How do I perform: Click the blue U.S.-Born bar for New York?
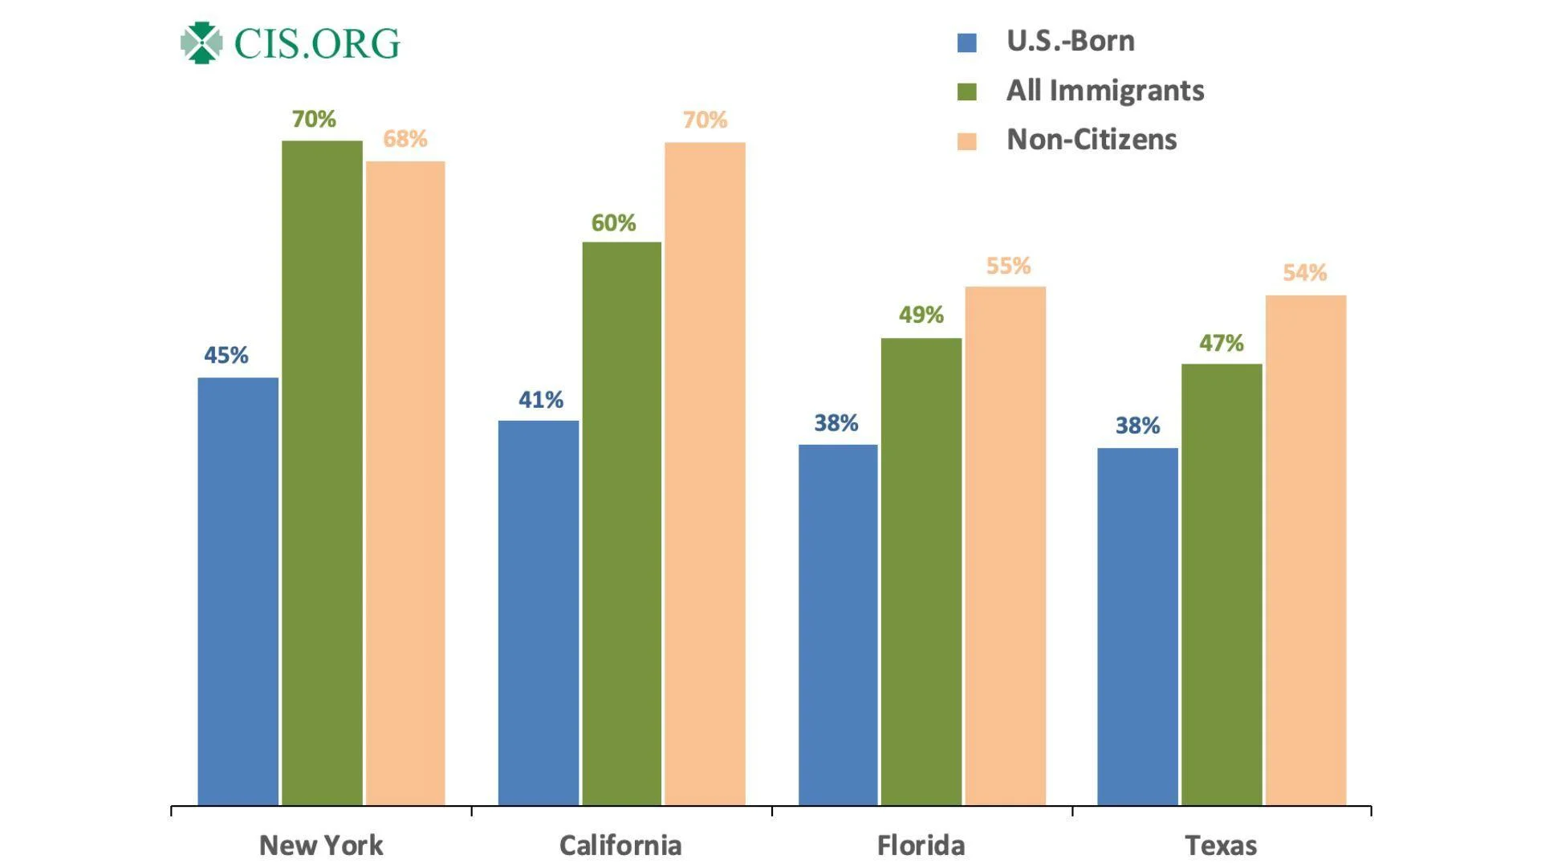pyautogui.click(x=238, y=591)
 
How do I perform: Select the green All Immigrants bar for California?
pyautogui.click(x=621, y=523)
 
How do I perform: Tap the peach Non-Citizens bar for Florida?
pyautogui.click(x=1005, y=546)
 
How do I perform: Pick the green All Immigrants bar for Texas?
pyautogui.click(x=1221, y=584)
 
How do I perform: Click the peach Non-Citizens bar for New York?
pyautogui.click(x=405, y=483)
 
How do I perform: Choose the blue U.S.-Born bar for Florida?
pyautogui.click(x=838, y=625)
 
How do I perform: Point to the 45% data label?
pyautogui.click(x=226, y=355)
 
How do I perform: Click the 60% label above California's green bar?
pyautogui.click(x=613, y=222)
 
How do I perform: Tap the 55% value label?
pyautogui.click(x=1008, y=266)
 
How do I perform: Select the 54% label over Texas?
pyautogui.click(x=1304, y=273)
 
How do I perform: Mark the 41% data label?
pyautogui.click(x=540, y=400)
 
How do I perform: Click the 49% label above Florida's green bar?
pyautogui.click(x=921, y=315)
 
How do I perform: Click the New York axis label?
pyautogui.click(x=321, y=845)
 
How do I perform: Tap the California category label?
pyautogui.click(x=620, y=845)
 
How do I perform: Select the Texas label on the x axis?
pyautogui.click(x=1221, y=845)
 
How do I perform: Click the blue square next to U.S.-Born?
pyautogui.click(x=967, y=43)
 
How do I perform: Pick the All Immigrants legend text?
pyautogui.click(x=1104, y=91)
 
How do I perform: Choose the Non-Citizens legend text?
pyautogui.click(x=1091, y=140)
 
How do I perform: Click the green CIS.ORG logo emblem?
pyautogui.click(x=201, y=43)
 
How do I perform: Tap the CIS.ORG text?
pyautogui.click(x=317, y=43)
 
